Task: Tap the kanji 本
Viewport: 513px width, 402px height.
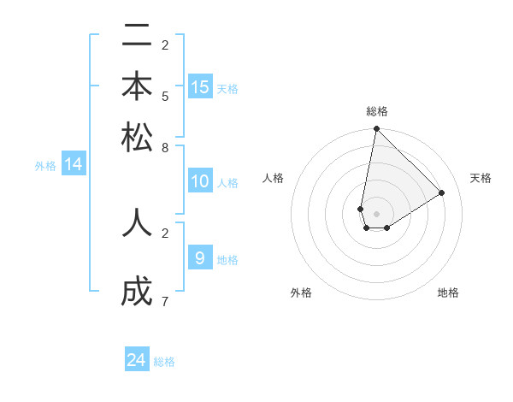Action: click(137, 88)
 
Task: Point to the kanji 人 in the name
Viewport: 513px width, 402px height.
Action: click(137, 222)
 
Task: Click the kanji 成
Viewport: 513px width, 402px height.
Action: click(137, 292)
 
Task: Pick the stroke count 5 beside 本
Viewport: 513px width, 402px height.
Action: click(165, 96)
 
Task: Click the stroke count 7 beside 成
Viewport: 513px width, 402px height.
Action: click(165, 301)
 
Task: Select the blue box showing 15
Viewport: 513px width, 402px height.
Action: click(200, 86)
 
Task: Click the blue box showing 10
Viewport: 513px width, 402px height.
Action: click(200, 181)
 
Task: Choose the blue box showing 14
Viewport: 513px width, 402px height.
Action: click(74, 164)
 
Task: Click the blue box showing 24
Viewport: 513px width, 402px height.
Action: click(137, 360)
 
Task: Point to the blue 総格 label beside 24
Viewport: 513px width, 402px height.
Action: click(164, 362)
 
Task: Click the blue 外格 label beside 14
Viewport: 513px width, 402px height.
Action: click(45, 166)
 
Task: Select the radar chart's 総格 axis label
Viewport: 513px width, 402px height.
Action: click(376, 111)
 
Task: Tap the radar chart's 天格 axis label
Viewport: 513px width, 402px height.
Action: click(481, 178)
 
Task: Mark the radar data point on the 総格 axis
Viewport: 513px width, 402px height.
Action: click(376, 129)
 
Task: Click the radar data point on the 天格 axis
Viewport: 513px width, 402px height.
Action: click(442, 192)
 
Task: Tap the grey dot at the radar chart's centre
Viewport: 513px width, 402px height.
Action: click(376, 214)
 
